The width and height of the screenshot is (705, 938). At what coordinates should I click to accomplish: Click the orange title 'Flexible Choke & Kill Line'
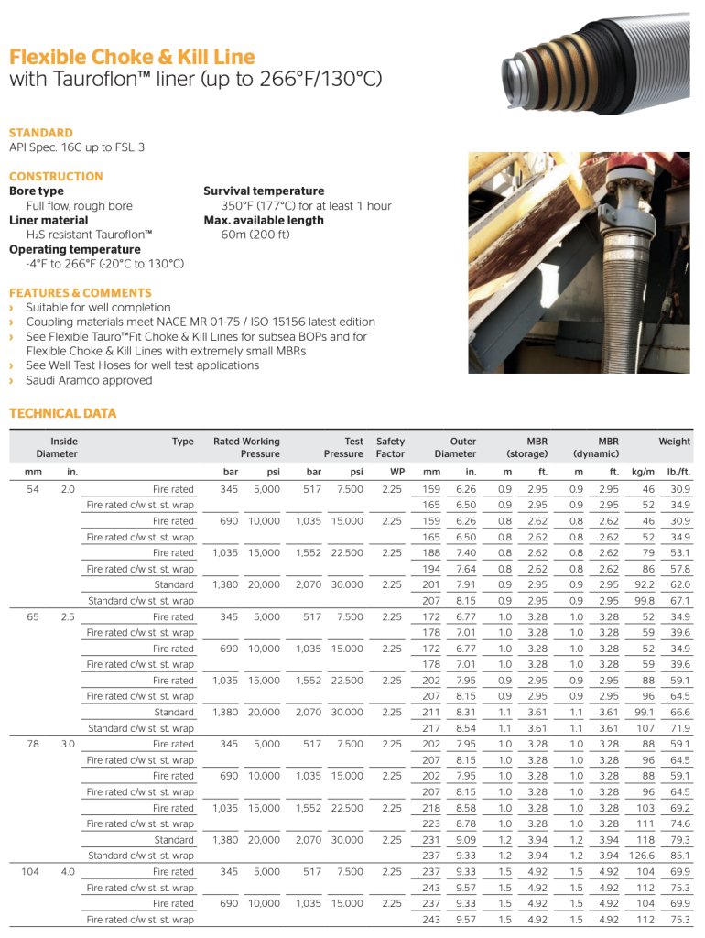[132, 57]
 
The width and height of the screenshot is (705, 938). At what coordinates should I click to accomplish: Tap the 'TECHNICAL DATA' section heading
[63, 413]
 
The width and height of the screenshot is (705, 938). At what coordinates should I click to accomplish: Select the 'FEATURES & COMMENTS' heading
[81, 292]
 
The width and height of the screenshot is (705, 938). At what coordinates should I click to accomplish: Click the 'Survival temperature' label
[264, 191]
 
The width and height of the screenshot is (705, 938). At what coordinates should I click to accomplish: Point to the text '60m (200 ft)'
[255, 234]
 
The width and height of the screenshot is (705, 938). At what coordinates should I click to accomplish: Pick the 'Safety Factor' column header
[390, 447]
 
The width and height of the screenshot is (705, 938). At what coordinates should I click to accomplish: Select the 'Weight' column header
[674, 442]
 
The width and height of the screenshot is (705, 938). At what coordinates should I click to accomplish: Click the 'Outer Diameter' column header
[455, 447]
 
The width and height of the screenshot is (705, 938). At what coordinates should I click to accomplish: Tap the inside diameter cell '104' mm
[30, 872]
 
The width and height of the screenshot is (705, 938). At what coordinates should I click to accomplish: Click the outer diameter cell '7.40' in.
[465, 552]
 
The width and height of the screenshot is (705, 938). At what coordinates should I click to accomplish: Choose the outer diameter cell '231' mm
[431, 840]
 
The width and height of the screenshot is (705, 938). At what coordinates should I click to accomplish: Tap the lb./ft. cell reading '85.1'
[678, 856]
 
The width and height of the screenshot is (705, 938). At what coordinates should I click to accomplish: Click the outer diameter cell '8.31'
[465, 712]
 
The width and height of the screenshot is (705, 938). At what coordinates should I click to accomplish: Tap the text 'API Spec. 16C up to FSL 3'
[77, 147]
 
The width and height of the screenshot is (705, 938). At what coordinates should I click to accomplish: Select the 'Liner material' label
[49, 221]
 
